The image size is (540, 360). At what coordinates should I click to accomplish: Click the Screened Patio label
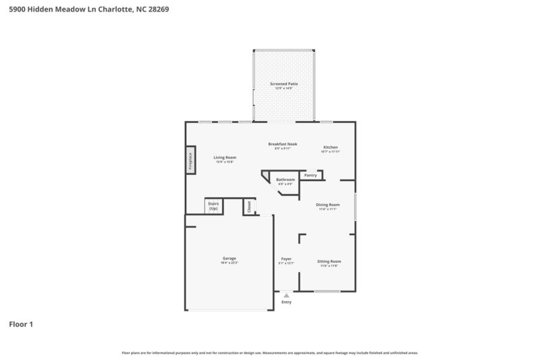pos(283,84)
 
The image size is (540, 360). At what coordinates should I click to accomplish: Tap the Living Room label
pos(225,157)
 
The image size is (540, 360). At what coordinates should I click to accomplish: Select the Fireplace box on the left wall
pos(191,161)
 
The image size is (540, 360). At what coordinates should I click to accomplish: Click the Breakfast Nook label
pos(282,144)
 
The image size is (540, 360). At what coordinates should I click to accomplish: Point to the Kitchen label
pos(330,147)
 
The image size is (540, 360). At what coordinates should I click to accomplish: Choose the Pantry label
pos(310,175)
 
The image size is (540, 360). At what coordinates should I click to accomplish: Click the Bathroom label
pos(286,180)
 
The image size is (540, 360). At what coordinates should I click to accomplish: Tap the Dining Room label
pos(328,205)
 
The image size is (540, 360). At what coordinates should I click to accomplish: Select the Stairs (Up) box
pos(213,206)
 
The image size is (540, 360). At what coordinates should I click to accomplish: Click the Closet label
pos(248,206)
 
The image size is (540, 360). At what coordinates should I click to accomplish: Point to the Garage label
pos(230,259)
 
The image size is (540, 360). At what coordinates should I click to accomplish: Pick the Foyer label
pos(286,259)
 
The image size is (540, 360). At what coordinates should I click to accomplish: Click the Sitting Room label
pos(329,261)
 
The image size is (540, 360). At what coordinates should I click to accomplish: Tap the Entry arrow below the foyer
pos(287,295)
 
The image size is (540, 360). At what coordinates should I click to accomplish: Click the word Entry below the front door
pos(287,302)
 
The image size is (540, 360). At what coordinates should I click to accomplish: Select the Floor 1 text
pos(21,325)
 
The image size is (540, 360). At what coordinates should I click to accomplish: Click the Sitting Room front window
pos(327,291)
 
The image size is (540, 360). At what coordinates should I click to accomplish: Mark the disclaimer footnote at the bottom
pos(270,353)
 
